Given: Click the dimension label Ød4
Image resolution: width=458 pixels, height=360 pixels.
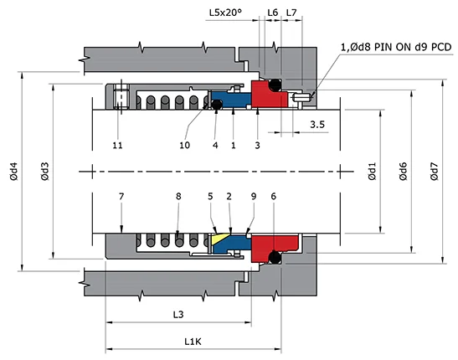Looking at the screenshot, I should click(x=13, y=174).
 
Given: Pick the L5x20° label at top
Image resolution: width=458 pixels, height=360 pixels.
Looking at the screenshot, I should click(x=224, y=13).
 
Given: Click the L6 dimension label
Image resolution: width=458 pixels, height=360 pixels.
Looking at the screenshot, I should click(x=272, y=13).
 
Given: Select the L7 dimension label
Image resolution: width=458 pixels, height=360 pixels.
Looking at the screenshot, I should click(x=291, y=13).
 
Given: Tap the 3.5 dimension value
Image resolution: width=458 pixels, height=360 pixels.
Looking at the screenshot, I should click(x=317, y=125).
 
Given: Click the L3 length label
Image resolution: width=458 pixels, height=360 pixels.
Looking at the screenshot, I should click(x=178, y=314).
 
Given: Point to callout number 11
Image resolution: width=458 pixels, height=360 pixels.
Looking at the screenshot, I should click(x=118, y=145).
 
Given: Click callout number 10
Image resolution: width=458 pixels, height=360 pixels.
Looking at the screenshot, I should click(x=185, y=145).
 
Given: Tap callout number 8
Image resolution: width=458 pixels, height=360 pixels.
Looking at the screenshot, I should click(x=178, y=196).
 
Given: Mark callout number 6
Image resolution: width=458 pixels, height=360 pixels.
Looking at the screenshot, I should click(x=274, y=196).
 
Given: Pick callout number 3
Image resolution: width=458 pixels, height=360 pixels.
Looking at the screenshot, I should click(x=258, y=145).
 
